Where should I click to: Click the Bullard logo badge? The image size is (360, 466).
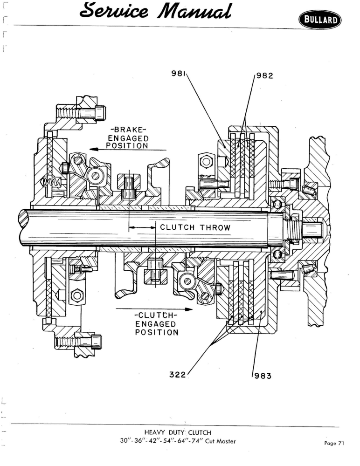click(320, 20)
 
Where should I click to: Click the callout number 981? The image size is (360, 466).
click(178, 73)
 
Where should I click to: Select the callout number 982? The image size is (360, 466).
click(264, 76)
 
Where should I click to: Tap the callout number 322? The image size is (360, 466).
click(177, 375)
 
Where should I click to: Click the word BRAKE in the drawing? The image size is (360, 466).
click(128, 130)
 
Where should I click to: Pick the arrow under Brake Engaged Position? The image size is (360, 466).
click(128, 150)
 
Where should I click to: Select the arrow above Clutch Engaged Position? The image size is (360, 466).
click(154, 309)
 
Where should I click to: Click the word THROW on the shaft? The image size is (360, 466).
click(215, 228)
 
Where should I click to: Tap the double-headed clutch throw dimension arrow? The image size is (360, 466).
click(142, 228)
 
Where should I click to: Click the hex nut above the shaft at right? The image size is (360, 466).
click(206, 162)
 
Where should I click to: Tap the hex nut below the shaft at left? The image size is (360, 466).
click(77, 295)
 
